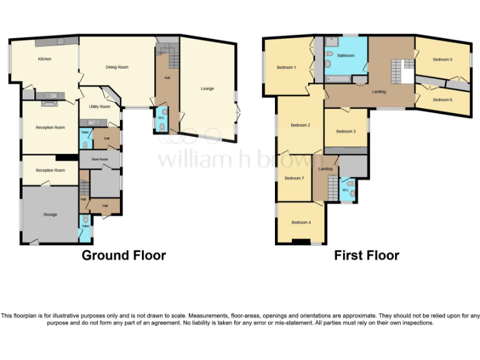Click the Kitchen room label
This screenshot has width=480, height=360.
44,59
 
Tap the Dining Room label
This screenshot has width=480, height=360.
116,67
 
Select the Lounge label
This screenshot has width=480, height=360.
207,89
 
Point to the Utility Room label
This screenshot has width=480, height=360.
99,107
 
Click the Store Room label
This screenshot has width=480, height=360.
99,159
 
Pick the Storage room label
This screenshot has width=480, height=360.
50,214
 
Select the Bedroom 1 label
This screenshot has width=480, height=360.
286,67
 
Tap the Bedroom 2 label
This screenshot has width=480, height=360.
301,125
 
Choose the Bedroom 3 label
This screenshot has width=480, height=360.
346,131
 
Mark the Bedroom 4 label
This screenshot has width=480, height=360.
301,222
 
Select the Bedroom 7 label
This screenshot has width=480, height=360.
294,178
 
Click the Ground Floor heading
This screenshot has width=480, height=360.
124,255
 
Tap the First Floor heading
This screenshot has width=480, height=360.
366,255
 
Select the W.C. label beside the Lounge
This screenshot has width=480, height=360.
161,117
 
